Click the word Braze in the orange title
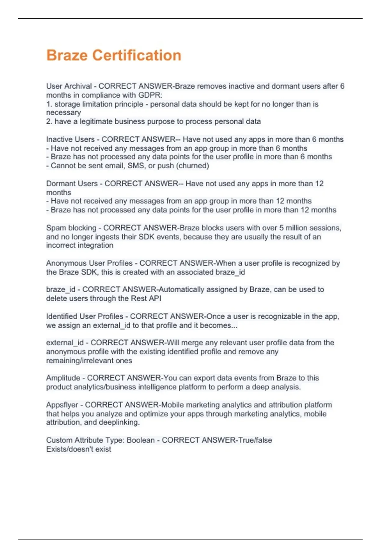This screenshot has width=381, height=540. click(67, 55)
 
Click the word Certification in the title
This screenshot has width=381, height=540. click(137, 55)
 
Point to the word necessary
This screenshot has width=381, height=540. click(63, 112)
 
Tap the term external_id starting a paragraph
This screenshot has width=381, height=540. click(65, 343)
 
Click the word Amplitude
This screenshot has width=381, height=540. click(63, 378)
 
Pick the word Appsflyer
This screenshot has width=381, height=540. click(62, 405)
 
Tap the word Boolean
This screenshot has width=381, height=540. click(141, 440)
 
